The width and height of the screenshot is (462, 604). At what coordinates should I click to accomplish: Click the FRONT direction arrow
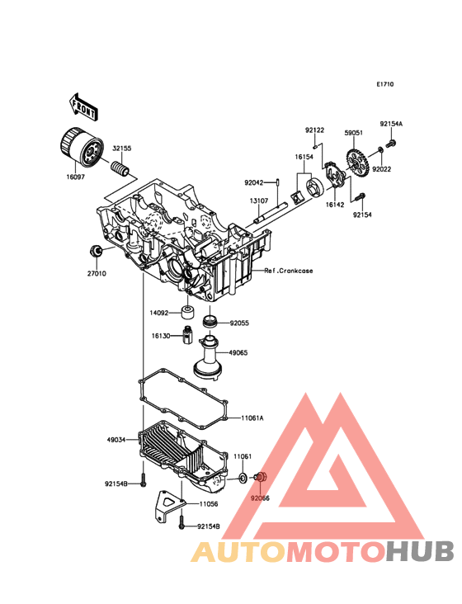[83, 106]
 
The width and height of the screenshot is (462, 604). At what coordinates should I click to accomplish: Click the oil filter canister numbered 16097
[82, 148]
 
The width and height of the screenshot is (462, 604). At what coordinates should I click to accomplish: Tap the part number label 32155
[121, 149]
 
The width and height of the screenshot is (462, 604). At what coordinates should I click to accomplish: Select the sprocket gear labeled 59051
[358, 163]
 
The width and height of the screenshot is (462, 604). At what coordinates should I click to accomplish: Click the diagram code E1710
[385, 84]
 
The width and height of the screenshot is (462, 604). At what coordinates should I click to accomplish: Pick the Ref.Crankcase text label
[289, 271]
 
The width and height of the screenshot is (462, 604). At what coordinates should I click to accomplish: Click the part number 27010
[97, 274]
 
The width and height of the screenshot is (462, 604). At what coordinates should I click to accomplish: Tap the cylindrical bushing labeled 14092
[187, 313]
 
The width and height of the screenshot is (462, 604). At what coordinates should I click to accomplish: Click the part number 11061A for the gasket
[252, 418]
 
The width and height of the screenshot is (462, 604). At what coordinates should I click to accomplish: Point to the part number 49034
[116, 440]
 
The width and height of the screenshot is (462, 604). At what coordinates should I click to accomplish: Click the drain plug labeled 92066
[261, 477]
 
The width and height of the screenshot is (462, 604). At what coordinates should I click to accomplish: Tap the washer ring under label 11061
[243, 478]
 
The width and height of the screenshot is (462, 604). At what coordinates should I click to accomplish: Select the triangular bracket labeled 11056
[169, 505]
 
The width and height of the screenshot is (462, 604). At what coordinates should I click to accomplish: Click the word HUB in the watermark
[421, 551]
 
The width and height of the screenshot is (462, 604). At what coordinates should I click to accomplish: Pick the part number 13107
[259, 201]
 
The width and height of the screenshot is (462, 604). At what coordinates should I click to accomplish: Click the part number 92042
[254, 182]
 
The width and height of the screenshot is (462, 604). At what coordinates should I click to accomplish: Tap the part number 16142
[335, 205]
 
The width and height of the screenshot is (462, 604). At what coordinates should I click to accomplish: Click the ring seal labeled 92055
[210, 322]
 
